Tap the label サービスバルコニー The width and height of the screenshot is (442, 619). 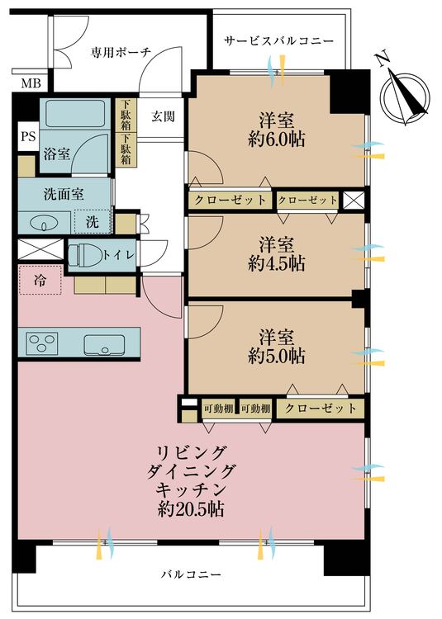click(278, 40)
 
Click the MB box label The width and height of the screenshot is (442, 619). click(30, 83)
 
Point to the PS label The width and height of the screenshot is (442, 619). click(27, 137)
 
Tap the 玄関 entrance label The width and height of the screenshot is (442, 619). click(162, 116)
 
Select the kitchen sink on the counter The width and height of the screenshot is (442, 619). click(103, 343)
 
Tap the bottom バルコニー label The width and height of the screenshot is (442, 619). click(191, 574)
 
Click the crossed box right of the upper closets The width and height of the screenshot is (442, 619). click(353, 200)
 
